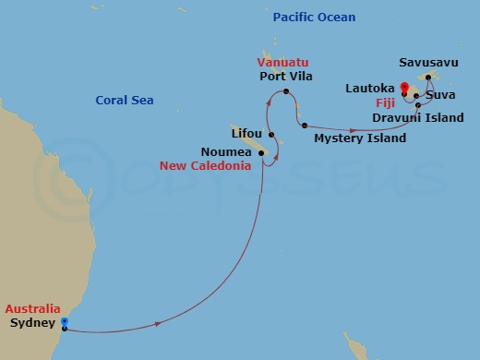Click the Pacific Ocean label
[x=314, y=18]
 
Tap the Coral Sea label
[x=125, y=101]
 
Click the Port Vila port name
[x=287, y=77]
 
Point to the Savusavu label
[x=426, y=63]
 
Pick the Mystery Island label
[x=360, y=138]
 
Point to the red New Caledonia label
[x=205, y=166]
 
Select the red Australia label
[x=32, y=309]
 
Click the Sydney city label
[x=30, y=325]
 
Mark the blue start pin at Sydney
[x=64, y=322]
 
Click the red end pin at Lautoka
[x=404, y=90]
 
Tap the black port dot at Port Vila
[x=287, y=92]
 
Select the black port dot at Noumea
[x=262, y=152]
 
